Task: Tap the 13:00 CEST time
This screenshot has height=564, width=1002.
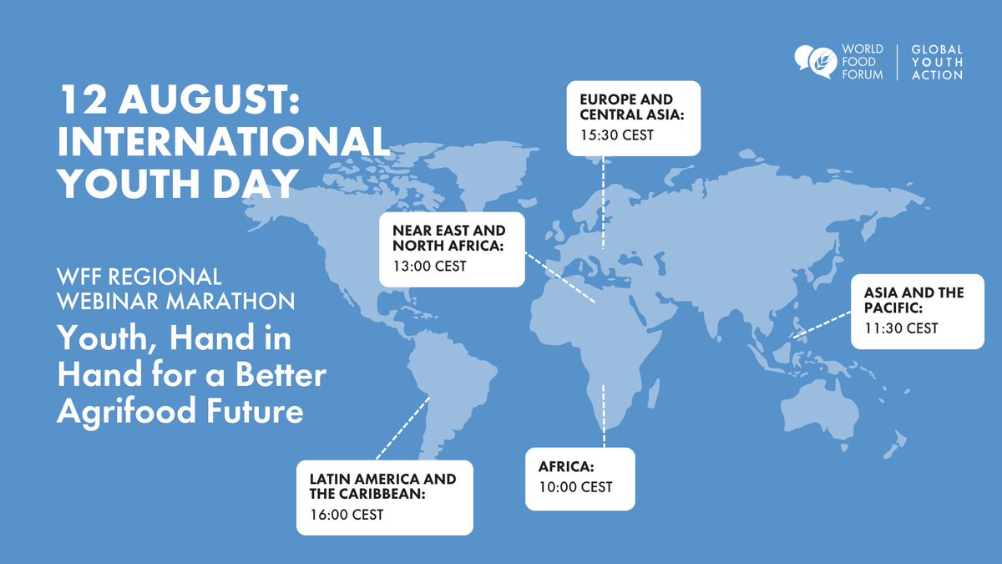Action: point(429,267)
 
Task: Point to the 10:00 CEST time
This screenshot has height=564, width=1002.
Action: point(575,486)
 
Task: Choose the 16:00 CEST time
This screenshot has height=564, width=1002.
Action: point(346,514)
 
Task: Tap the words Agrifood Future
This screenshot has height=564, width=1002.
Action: point(180,411)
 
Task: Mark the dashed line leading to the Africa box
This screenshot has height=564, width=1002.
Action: point(604,418)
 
